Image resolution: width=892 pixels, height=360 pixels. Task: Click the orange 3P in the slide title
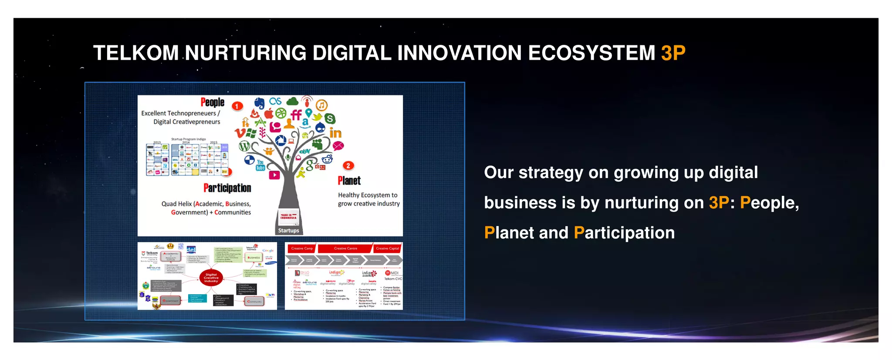tap(673, 53)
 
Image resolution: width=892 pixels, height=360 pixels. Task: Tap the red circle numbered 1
tap(237, 106)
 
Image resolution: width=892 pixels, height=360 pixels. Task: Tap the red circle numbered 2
tap(348, 166)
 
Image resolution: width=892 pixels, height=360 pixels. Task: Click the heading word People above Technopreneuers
tap(213, 102)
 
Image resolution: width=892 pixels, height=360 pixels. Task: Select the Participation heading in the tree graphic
tap(227, 188)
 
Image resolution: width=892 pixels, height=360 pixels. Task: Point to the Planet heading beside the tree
tap(349, 181)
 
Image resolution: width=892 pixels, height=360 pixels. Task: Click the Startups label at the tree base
tap(289, 230)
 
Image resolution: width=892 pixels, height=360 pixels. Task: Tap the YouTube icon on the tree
tap(260, 165)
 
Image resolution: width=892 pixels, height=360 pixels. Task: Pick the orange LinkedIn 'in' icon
tap(335, 133)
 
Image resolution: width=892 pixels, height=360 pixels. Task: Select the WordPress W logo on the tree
tap(244, 146)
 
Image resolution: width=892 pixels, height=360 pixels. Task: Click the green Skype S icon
tap(330, 118)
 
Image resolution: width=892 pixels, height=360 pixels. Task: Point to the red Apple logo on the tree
tap(269, 114)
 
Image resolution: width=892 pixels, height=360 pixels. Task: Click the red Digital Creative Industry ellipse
tap(211, 278)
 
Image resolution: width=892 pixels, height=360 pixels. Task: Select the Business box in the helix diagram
tap(254, 258)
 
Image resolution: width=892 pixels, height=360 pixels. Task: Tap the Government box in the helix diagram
tap(171, 300)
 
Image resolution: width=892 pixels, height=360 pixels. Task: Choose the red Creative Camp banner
tap(302, 249)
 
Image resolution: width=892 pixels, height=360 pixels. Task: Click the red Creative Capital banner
tap(387, 249)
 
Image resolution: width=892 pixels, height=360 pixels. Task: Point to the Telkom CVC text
tap(393, 279)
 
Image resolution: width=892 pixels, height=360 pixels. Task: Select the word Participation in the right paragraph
tap(624, 233)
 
